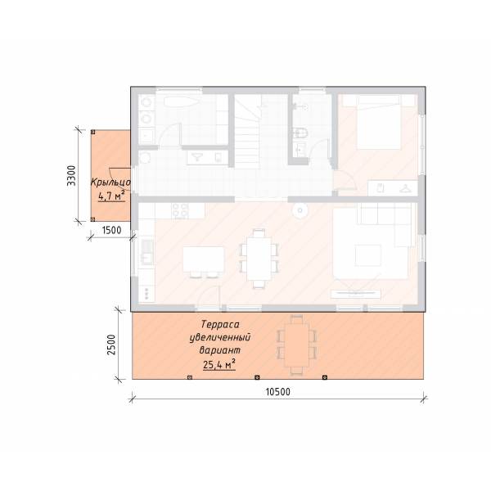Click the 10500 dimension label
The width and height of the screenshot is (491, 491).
click(x=277, y=392)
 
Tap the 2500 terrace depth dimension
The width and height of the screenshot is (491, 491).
click(x=111, y=345)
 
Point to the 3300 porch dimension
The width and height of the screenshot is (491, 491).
click(x=71, y=176)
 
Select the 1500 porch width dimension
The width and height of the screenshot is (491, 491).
click(x=112, y=230)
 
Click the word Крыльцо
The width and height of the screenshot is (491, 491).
click(x=110, y=182)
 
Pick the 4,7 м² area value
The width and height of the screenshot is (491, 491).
click(x=111, y=196)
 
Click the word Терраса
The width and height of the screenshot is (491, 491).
click(x=220, y=324)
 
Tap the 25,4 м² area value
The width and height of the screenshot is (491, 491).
click(x=219, y=364)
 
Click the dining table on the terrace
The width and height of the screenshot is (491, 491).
click(x=296, y=345)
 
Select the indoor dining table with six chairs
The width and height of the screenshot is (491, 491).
click(x=259, y=259)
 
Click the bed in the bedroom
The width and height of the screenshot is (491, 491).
click(x=379, y=122)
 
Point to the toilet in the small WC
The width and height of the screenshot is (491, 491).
click(x=300, y=133)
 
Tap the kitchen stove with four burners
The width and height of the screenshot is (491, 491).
click(x=181, y=210)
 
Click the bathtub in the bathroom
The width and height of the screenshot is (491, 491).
click(x=181, y=102)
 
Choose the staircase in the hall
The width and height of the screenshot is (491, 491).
click(x=248, y=132)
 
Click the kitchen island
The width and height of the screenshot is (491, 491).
click(x=204, y=259)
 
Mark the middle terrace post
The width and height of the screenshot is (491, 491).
click(x=257, y=377)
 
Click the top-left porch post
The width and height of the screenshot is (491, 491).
click(x=93, y=132)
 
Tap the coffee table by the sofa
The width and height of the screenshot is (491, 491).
click(x=368, y=255)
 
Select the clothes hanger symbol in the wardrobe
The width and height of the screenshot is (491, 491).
click(x=405, y=188)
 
